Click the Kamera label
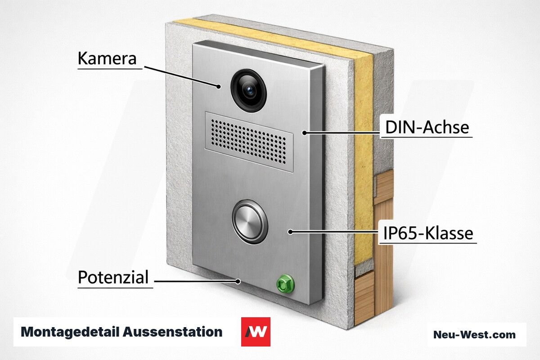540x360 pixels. click(x=107, y=58)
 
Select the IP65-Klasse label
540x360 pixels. click(x=428, y=233)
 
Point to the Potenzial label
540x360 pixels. click(x=113, y=277)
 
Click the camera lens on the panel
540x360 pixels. click(x=249, y=90)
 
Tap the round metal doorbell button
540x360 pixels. click(x=250, y=221)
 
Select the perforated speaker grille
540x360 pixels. click(x=249, y=142)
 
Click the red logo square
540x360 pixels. click(x=256, y=332)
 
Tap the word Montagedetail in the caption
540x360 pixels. click(x=70, y=332)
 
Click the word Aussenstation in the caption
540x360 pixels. click(x=173, y=332)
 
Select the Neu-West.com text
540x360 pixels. click(x=474, y=334)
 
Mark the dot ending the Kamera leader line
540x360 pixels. click(x=219, y=86)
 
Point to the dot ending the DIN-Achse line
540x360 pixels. click(x=305, y=133)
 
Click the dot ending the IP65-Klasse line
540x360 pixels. click(x=291, y=232)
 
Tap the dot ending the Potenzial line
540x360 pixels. click(x=238, y=281)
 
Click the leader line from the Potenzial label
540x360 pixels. click(x=196, y=281)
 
